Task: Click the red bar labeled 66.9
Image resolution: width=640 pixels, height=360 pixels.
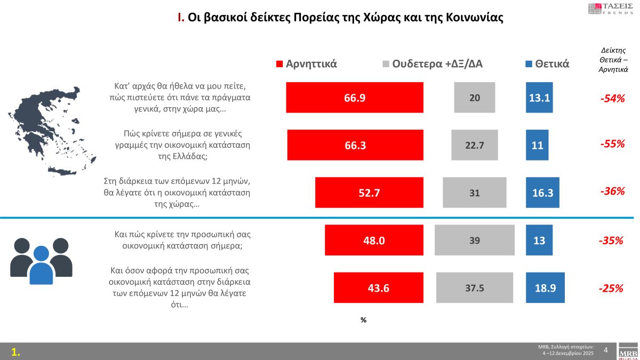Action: [355, 98]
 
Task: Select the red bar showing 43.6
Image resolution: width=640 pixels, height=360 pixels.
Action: [378, 287]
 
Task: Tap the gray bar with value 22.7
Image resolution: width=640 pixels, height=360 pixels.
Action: [474, 145]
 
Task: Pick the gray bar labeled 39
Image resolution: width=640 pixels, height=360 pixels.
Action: [474, 240]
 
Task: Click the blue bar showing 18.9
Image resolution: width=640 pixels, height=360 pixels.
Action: [545, 287]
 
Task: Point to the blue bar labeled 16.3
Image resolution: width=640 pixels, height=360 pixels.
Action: [542, 193]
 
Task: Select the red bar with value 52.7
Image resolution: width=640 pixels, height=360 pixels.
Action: [369, 193]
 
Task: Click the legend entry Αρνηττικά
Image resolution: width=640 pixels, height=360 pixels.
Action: [306, 63]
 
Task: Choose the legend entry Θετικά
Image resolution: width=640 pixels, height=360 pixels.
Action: [547, 63]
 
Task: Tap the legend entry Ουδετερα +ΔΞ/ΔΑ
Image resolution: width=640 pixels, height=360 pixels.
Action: [433, 63]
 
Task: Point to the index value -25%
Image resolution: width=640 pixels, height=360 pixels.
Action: [611, 288]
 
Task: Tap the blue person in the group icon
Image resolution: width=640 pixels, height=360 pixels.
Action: [41, 265]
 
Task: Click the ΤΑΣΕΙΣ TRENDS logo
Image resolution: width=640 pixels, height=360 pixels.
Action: [612, 9]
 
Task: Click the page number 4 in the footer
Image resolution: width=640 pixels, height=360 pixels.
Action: [605, 350]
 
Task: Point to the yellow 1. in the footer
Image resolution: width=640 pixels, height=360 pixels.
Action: [16, 351]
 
